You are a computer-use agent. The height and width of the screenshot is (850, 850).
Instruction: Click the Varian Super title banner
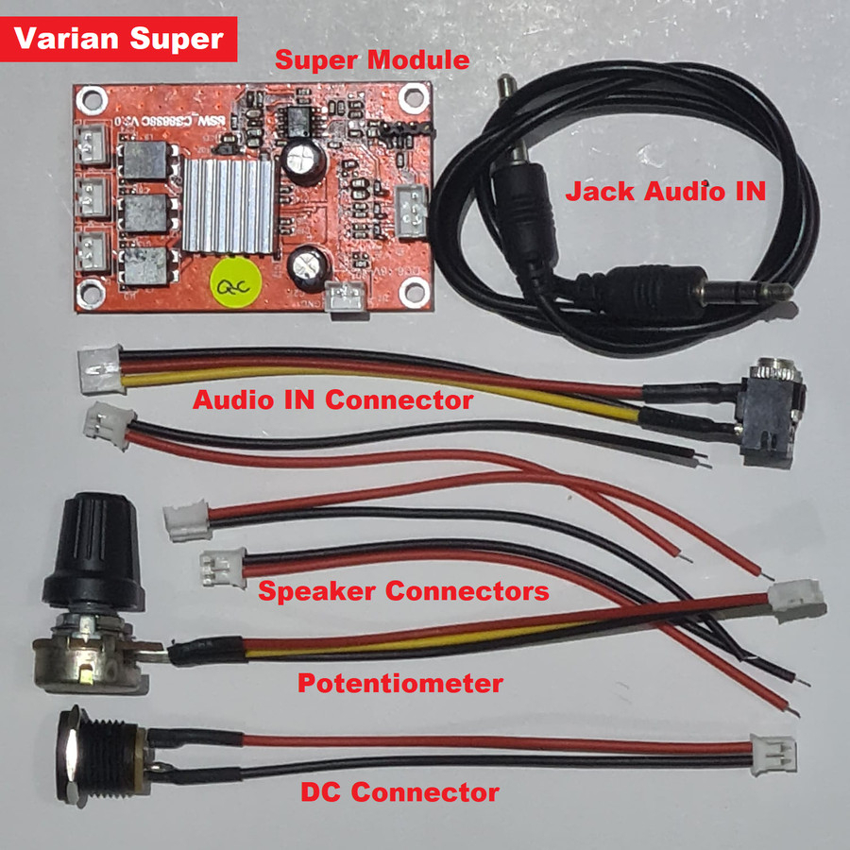click(118, 40)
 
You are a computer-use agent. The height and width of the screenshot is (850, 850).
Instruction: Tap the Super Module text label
click(371, 60)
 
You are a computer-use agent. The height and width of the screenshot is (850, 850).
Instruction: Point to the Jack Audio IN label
click(665, 191)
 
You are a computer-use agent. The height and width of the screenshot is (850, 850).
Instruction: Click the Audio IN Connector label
click(332, 399)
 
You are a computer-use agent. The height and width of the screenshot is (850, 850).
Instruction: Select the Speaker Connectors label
click(403, 592)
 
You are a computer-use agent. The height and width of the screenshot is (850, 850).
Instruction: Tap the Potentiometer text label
click(400, 683)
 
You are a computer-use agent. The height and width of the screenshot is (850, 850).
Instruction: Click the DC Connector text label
click(399, 791)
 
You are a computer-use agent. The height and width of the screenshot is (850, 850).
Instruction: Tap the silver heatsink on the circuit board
click(229, 206)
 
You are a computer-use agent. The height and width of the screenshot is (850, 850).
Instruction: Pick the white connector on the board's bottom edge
click(346, 297)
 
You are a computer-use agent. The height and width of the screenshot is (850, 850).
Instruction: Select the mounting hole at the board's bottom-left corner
click(91, 293)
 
